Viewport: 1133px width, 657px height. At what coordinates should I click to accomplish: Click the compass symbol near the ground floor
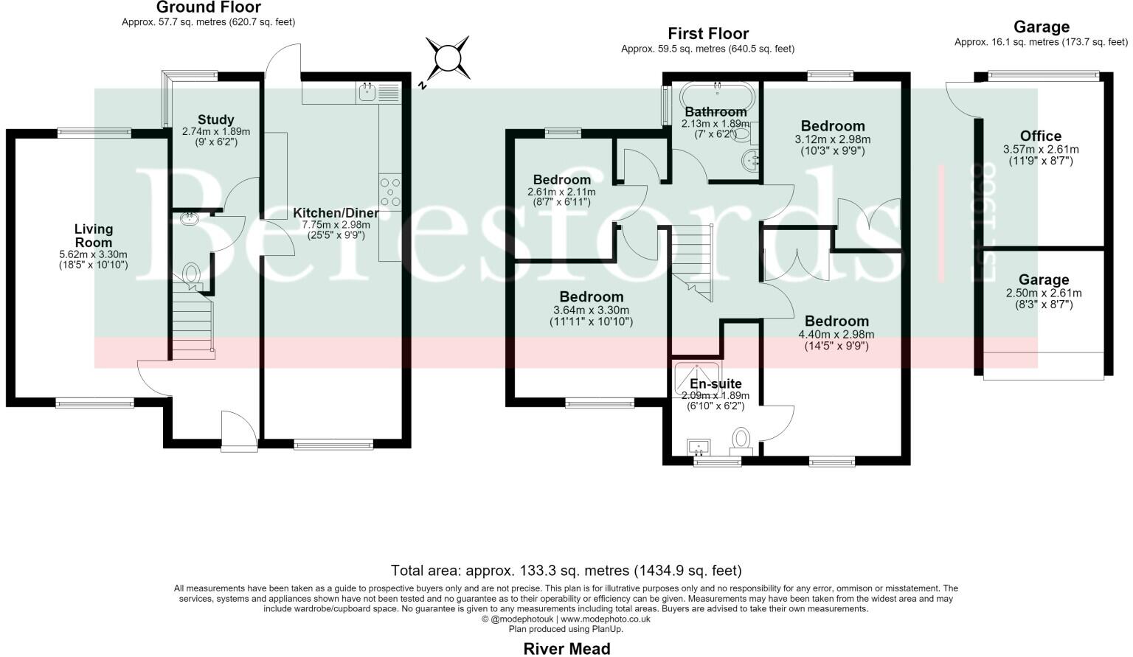point(447,59)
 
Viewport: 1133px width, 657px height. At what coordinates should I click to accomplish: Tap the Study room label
point(216,120)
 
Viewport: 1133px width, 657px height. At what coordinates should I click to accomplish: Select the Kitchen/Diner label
point(336,213)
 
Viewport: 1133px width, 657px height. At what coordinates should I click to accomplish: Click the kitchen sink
point(366,93)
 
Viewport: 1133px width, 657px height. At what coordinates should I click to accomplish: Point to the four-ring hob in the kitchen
point(390,192)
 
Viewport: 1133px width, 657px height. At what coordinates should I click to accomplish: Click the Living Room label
point(94,236)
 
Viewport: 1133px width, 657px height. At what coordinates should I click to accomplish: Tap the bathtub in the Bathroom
point(717,96)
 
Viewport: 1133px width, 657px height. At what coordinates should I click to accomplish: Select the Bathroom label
point(716,112)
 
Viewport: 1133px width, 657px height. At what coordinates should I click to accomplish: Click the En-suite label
point(716,383)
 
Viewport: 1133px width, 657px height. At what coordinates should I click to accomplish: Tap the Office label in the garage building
point(1041,136)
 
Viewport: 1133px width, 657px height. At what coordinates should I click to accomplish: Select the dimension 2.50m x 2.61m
point(1044,293)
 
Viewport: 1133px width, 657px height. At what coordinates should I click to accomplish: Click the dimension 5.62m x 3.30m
point(93,254)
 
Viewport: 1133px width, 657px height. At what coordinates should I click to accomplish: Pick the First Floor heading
point(708,34)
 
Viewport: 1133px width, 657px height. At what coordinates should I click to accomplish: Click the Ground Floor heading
point(209,7)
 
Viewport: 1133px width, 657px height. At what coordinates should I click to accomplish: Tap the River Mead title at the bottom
point(567,648)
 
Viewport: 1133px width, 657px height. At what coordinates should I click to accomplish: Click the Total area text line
point(566,571)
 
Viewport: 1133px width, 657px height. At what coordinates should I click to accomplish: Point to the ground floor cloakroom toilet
point(191,276)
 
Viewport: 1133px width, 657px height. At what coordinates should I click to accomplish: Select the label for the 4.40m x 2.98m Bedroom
point(836,321)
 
